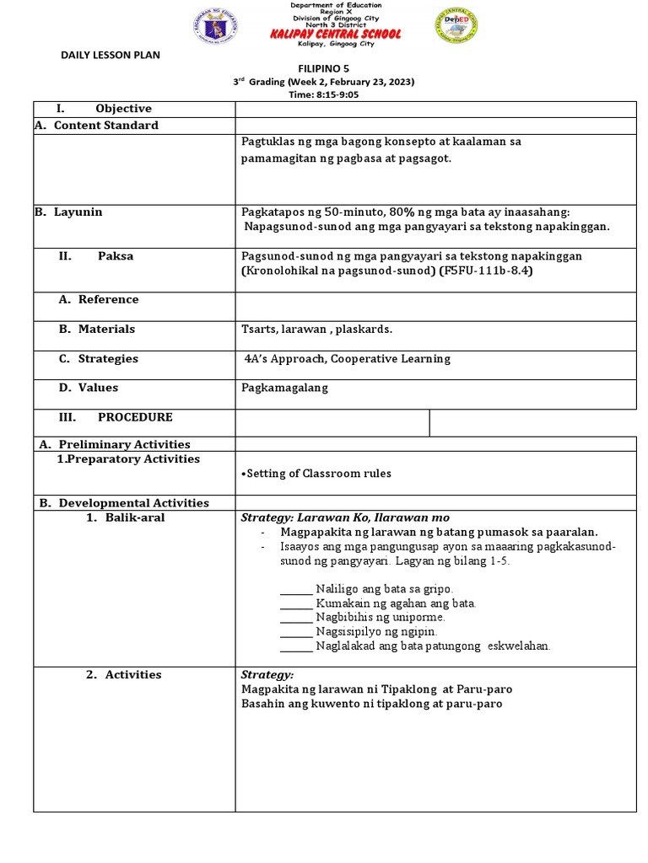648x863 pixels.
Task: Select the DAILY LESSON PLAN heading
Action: [x=110, y=56]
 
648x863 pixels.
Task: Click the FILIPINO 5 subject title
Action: [x=323, y=67]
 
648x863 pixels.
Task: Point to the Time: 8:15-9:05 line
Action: [x=324, y=95]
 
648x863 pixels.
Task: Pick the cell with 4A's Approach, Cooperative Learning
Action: [x=347, y=359]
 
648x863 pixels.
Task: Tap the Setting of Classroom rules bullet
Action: [x=316, y=474]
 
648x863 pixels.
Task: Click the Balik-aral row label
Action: [x=126, y=517]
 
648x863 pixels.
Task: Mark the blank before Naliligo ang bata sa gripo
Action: [x=295, y=588]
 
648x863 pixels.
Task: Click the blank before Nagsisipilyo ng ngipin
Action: [x=295, y=631]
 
